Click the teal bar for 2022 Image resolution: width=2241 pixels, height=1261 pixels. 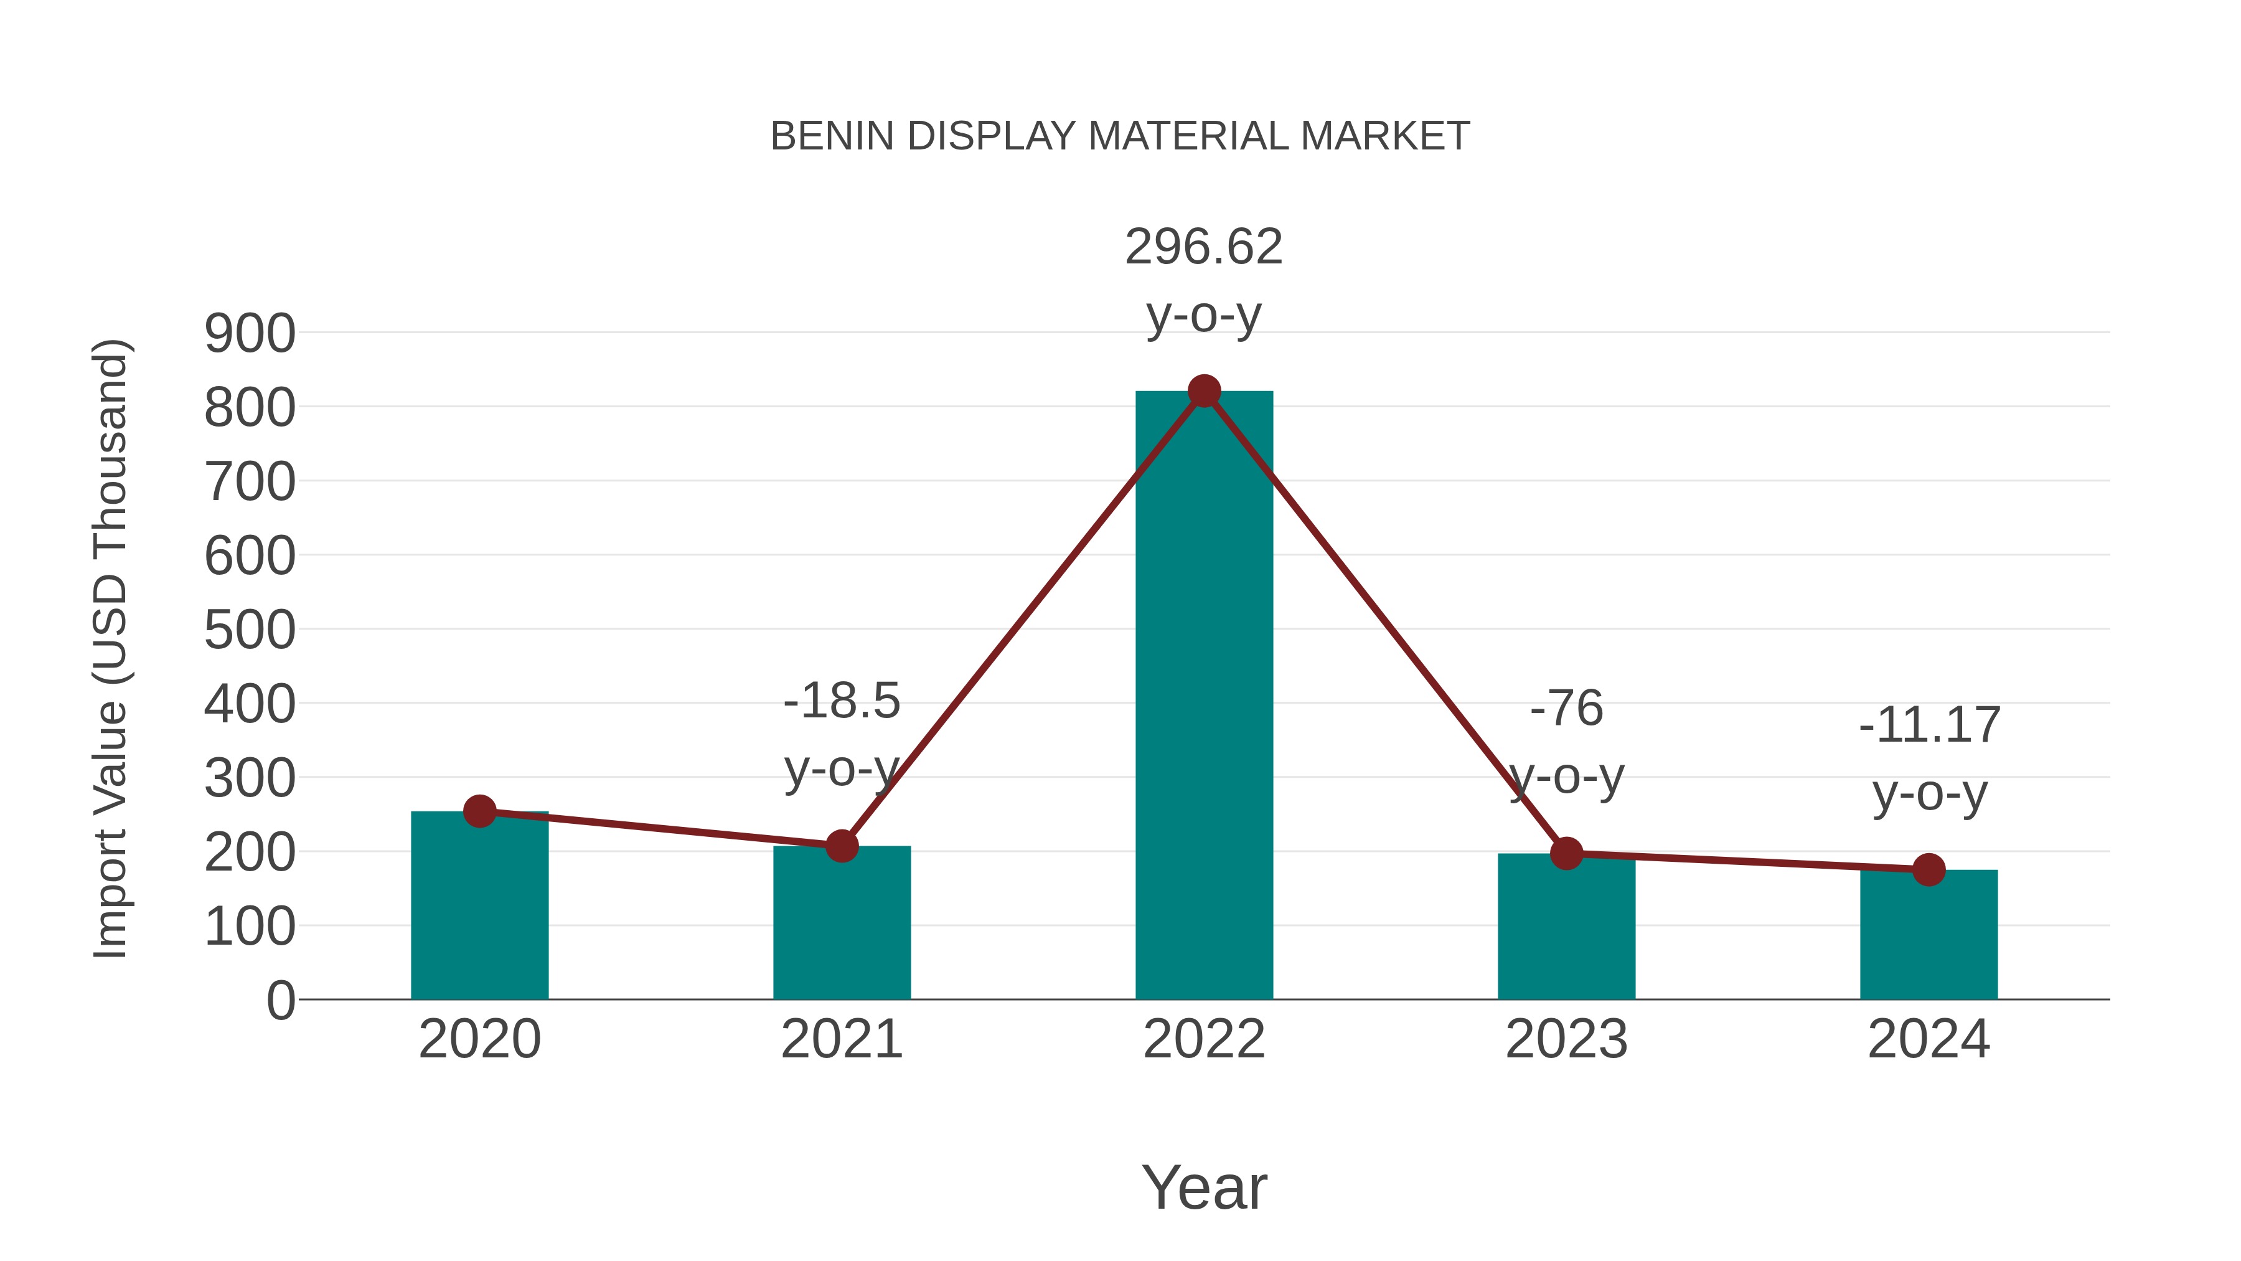[1204, 696]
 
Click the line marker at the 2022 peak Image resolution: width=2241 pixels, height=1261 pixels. [1204, 392]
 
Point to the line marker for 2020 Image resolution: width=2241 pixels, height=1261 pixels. [479, 811]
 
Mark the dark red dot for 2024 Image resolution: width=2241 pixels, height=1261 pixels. [1929, 869]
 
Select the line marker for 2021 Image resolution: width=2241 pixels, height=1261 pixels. [841, 846]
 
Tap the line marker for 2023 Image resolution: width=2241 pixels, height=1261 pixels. [1566, 854]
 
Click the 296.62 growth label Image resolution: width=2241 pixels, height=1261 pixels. [1204, 247]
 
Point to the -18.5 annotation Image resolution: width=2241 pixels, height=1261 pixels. [841, 701]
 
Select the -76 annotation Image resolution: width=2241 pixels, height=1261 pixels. [1566, 709]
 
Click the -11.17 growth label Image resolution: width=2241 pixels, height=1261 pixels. [1929, 726]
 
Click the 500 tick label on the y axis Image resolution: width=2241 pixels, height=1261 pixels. [250, 630]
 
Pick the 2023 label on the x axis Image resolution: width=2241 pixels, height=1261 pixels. [1566, 1039]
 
